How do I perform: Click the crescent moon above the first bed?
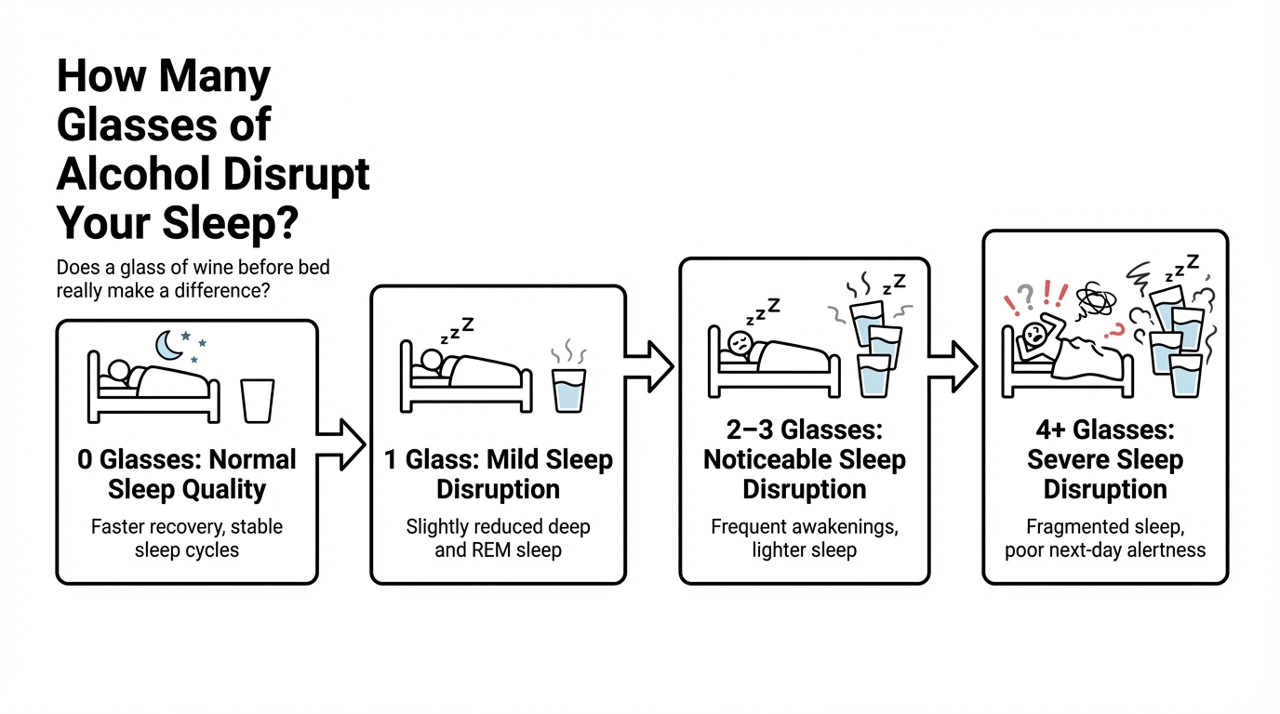pos(167,345)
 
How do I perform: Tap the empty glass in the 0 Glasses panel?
pos(257,400)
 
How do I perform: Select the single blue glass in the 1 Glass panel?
pos(569,390)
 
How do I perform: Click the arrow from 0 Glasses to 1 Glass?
pos(341,443)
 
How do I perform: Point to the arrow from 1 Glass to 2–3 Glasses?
pos(650,365)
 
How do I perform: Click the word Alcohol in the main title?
pos(134,174)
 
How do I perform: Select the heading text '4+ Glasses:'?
pos(1105,430)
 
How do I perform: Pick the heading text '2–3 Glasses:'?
pos(804,430)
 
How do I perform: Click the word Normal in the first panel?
pos(251,459)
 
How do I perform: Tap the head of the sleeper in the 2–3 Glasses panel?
pos(740,341)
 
